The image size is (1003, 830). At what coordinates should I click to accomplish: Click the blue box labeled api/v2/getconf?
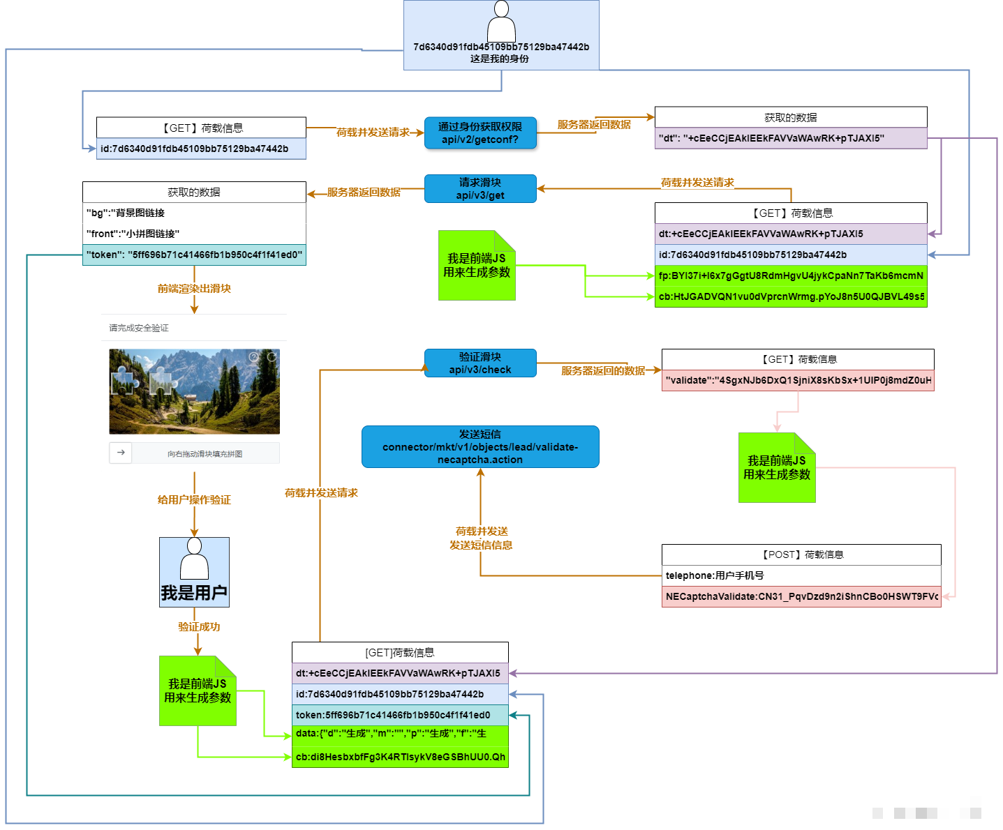tap(480, 133)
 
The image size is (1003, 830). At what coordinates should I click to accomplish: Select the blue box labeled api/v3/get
tap(480, 188)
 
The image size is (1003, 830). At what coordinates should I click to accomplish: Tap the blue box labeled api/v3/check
tap(480, 363)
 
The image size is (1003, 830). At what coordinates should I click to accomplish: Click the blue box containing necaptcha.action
tap(480, 446)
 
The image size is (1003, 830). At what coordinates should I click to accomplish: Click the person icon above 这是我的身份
tap(501, 22)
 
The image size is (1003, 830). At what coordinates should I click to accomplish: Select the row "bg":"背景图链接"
tap(194, 213)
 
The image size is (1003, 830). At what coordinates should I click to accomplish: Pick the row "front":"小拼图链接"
tap(194, 234)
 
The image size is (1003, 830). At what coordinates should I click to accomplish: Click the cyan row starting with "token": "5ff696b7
tap(194, 255)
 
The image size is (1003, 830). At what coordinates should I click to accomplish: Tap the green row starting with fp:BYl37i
tap(791, 276)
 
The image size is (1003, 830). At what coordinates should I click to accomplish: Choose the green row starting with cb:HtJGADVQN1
tap(791, 296)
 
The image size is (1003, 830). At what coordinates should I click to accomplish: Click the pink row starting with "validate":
tap(798, 380)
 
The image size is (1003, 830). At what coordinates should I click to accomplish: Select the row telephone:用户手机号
tap(801, 575)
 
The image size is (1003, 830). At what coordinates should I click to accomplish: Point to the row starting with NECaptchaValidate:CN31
tap(801, 596)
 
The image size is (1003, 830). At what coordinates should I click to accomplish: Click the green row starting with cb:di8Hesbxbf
tap(400, 757)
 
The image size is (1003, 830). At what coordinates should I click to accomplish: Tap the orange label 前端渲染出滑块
tap(194, 289)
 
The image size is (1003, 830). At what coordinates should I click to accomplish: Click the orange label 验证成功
tap(199, 627)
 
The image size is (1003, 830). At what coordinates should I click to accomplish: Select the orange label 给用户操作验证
tap(194, 500)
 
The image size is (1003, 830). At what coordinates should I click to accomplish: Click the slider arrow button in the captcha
tap(121, 453)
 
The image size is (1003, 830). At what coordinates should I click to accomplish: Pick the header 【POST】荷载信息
tap(801, 554)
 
